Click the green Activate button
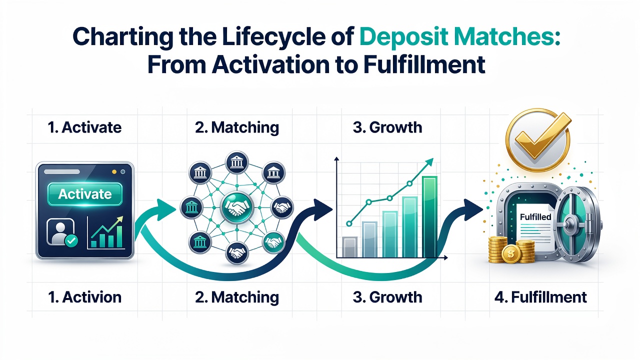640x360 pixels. pos(85,194)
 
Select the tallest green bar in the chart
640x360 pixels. pos(429,217)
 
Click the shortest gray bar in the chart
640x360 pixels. pos(349,247)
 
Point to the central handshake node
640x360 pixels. pos(237,207)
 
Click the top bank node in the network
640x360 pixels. pos(237,163)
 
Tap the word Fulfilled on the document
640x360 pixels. pos(535,217)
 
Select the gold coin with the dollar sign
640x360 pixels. pos(511,253)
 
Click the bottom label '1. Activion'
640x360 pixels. pos(84,297)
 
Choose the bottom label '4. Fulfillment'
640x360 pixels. pos(540,297)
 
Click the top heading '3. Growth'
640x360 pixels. pos(387,127)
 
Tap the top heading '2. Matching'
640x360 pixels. pos(237,127)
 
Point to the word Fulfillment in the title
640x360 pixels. pos(424,64)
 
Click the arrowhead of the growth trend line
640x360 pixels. pos(429,163)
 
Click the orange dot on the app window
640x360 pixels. pos(114,171)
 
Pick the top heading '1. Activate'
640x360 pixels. pos(84,127)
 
